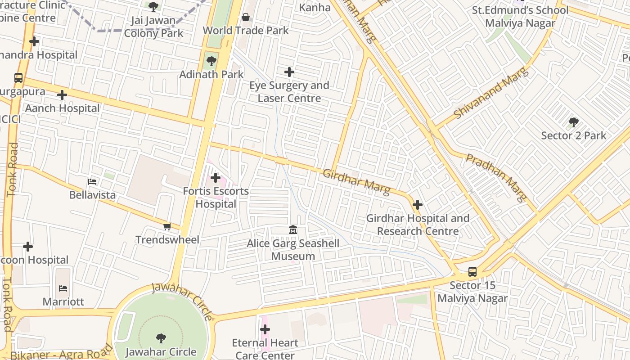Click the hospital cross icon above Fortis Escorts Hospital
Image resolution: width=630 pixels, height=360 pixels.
click(x=216, y=178)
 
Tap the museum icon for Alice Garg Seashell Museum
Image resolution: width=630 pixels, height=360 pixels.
click(x=293, y=230)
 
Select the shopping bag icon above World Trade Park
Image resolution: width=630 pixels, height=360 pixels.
click(x=246, y=18)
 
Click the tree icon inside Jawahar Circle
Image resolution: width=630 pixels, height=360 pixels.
click(x=161, y=338)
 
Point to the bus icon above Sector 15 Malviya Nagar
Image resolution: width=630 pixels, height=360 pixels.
click(x=472, y=272)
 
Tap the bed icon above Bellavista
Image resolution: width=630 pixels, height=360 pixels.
click(x=92, y=182)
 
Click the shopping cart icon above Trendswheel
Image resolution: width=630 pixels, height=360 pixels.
click(x=167, y=226)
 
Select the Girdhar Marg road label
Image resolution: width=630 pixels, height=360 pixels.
click(x=356, y=182)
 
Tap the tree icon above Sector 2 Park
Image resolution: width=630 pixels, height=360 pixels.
click(x=573, y=122)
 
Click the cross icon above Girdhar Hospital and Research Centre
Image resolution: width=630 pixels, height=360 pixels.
click(x=418, y=205)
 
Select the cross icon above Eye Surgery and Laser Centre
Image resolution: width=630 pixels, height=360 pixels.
click(x=289, y=72)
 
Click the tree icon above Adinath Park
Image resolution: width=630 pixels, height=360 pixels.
click(x=211, y=61)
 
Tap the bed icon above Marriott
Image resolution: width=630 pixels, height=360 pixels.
click(x=63, y=288)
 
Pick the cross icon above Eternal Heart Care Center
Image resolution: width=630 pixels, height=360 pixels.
click(x=265, y=329)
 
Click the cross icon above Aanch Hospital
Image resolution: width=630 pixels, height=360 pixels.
click(x=62, y=95)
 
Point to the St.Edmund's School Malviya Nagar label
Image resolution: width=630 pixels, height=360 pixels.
click(x=520, y=17)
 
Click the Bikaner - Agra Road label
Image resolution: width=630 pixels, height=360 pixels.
click(x=61, y=353)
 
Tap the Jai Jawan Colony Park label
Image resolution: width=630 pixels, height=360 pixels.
click(x=153, y=27)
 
